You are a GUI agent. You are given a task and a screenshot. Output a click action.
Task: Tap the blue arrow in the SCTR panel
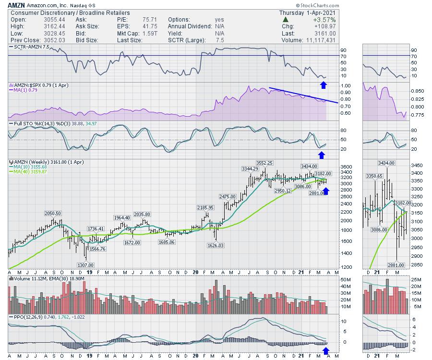coord(324,85)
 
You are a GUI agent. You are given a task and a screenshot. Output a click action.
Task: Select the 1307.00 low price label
coord(86,265)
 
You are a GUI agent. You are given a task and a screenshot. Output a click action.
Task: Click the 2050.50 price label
coord(53,213)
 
